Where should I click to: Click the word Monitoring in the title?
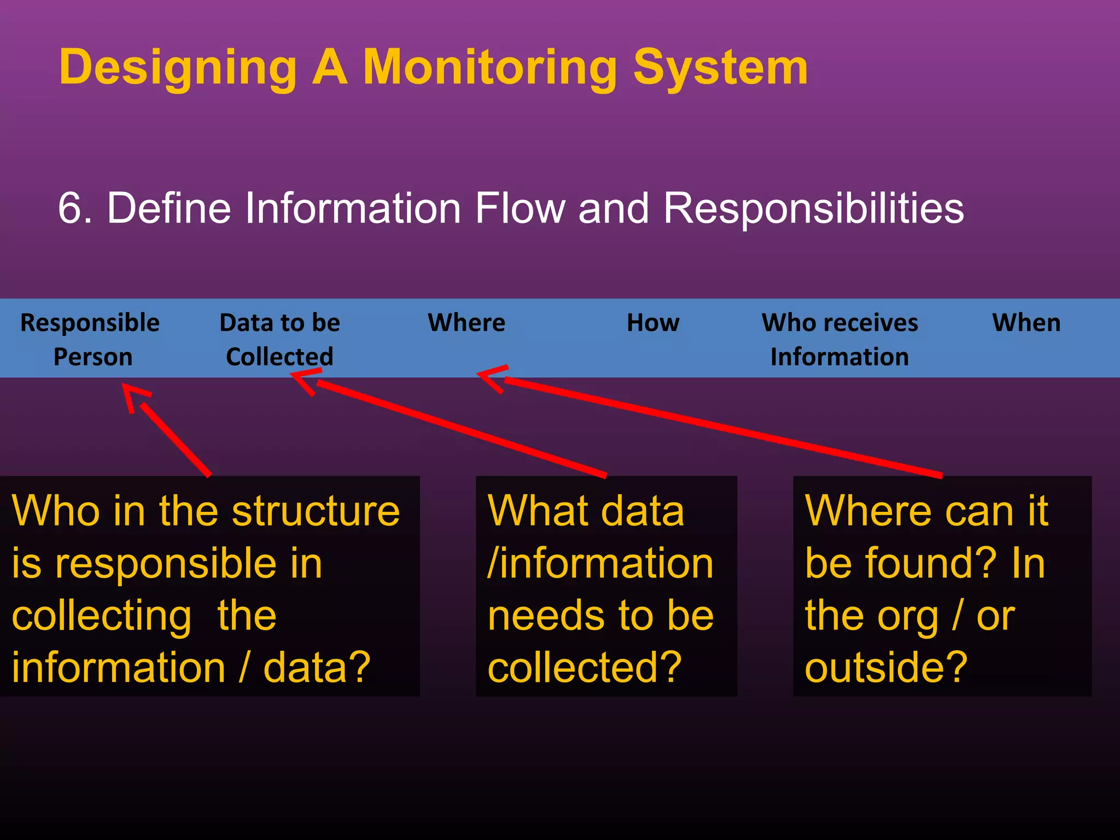pyautogui.click(x=489, y=68)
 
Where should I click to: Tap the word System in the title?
pyautogui.click(x=720, y=68)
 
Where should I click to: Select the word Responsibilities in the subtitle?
pyautogui.click(x=813, y=208)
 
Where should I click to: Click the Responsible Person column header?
pyautogui.click(x=91, y=339)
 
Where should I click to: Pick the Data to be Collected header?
pyautogui.click(x=279, y=339)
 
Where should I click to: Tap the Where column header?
pyautogui.click(x=466, y=323)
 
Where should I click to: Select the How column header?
pyautogui.click(x=653, y=323)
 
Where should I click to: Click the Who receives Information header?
pyautogui.click(x=839, y=339)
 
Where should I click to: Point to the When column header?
pyautogui.click(x=1026, y=323)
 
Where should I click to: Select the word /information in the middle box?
pyautogui.click(x=600, y=563)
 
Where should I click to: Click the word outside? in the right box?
pyautogui.click(x=886, y=668)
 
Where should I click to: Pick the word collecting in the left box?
pyautogui.click(x=102, y=616)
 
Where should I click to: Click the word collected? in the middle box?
pyautogui.click(x=585, y=668)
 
